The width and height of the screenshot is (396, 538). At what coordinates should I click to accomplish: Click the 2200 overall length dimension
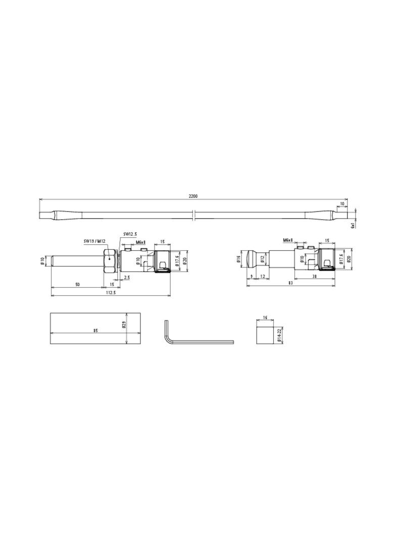coord(193,196)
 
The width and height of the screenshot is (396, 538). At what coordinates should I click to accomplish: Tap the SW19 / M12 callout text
coord(94,241)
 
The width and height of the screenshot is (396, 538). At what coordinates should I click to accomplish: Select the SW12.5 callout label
coord(130,234)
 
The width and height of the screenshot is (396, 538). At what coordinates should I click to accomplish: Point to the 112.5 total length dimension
coord(111,293)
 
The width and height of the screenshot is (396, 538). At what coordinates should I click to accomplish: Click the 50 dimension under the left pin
coord(77,285)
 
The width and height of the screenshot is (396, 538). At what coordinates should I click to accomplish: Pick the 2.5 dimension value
coord(127,277)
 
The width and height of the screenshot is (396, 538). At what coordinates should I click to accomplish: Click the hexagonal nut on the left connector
coord(110,259)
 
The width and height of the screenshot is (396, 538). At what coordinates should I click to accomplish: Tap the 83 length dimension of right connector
coord(290,283)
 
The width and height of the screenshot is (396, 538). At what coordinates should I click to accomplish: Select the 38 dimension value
coord(314,276)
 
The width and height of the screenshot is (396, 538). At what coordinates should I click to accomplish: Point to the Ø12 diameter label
coord(263,259)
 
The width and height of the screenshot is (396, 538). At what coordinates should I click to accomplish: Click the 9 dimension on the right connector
coord(252,276)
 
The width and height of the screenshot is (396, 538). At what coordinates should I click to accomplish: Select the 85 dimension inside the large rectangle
coord(95,331)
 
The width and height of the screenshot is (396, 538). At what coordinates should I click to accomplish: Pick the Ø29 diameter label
coord(123,326)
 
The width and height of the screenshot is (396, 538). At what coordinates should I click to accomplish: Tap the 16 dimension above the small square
coord(265,318)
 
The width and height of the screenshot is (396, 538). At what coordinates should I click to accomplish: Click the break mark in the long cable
coord(194,216)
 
